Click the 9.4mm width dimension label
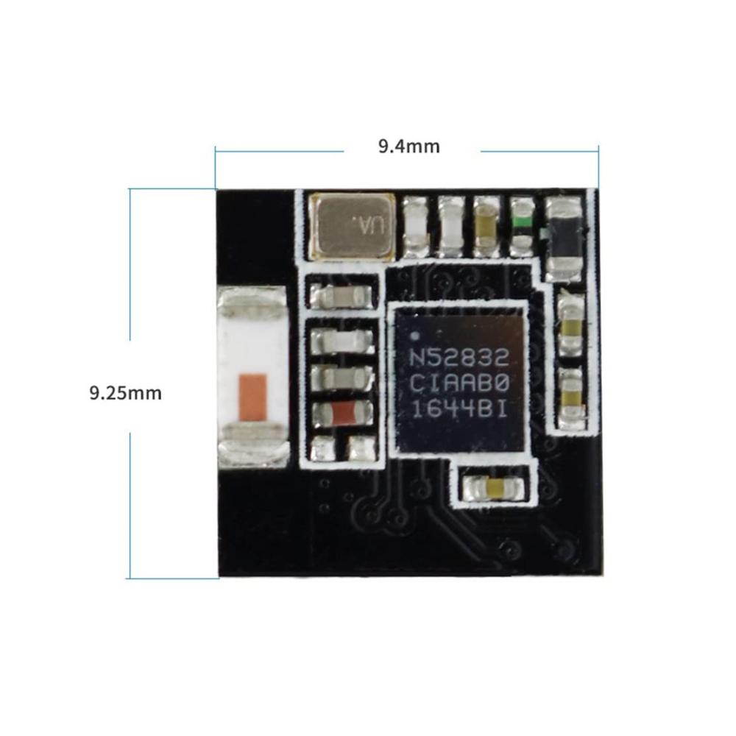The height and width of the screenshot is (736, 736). click(x=408, y=146)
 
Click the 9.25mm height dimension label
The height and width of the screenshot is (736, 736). click(x=125, y=393)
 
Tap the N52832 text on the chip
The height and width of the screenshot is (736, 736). click(x=459, y=358)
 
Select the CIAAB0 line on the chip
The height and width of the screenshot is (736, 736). click(x=459, y=384)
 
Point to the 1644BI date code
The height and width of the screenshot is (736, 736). click(x=459, y=410)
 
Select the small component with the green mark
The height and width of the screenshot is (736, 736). click(x=522, y=226)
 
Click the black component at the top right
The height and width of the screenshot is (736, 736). click(x=565, y=238)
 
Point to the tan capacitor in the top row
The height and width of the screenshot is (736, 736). click(x=486, y=226)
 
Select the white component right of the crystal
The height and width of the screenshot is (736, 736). click(x=416, y=226)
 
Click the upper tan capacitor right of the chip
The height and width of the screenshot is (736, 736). click(x=571, y=325)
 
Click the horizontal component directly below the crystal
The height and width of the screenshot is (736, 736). click(x=344, y=296)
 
